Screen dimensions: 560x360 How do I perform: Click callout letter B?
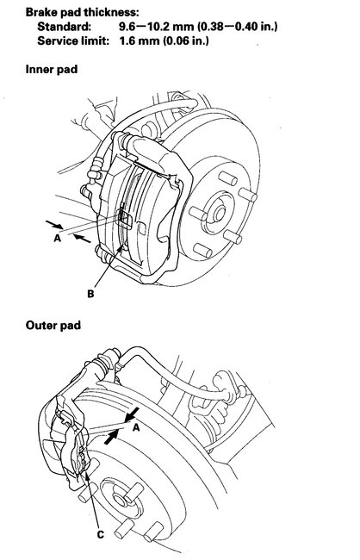tap(90, 294)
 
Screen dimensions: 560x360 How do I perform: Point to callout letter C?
tap(100, 534)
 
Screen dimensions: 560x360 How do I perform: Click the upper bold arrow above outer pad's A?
tap(133, 418)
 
